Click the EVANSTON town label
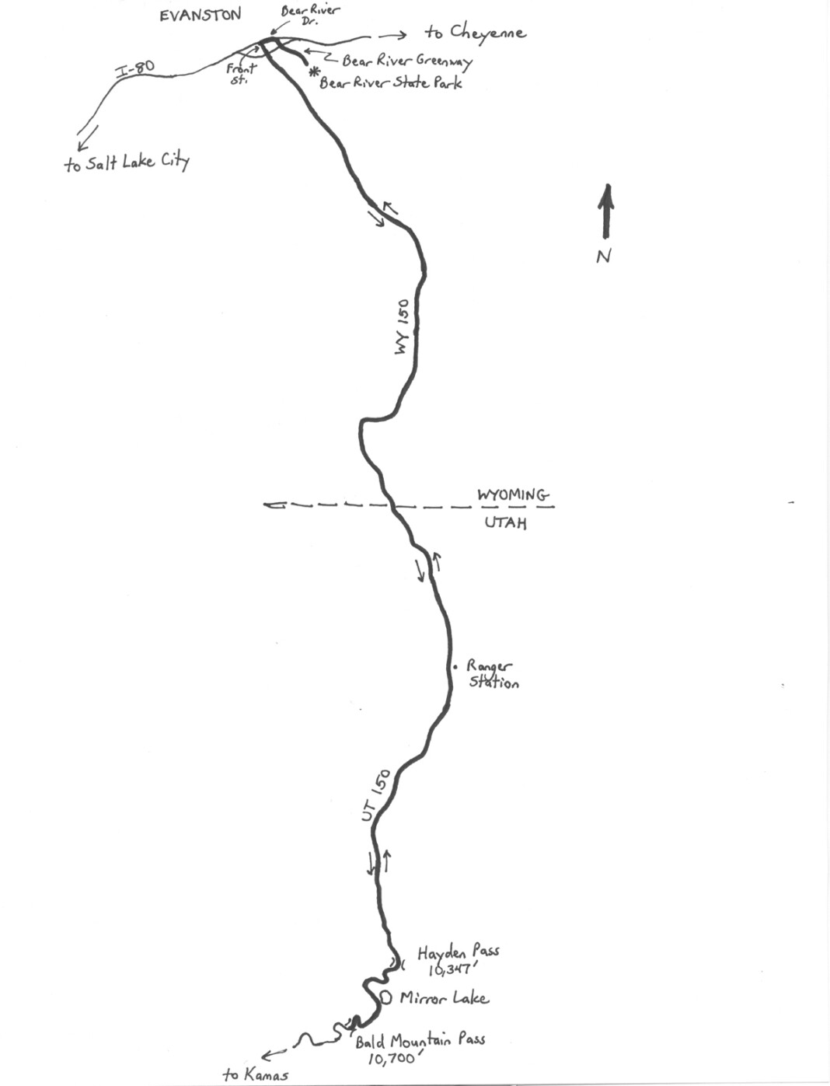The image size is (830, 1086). click(x=201, y=15)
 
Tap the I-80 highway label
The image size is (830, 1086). click(x=135, y=70)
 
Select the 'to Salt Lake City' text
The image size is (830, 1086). click(x=127, y=162)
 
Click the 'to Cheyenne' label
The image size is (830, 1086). click(x=475, y=32)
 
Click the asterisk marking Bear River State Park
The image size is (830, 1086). click(x=314, y=73)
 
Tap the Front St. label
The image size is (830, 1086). click(x=241, y=74)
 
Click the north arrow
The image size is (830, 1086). click(x=605, y=211)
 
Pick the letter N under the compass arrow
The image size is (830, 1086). click(x=604, y=256)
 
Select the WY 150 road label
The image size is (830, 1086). click(x=402, y=326)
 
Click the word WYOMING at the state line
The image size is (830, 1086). click(x=512, y=495)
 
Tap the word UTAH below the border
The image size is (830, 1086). click(x=505, y=522)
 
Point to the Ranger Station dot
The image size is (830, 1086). click(x=456, y=667)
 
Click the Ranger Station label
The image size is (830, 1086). click(x=493, y=675)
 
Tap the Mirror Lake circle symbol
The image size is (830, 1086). click(x=386, y=997)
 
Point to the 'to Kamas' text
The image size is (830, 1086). click(x=255, y=1074)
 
